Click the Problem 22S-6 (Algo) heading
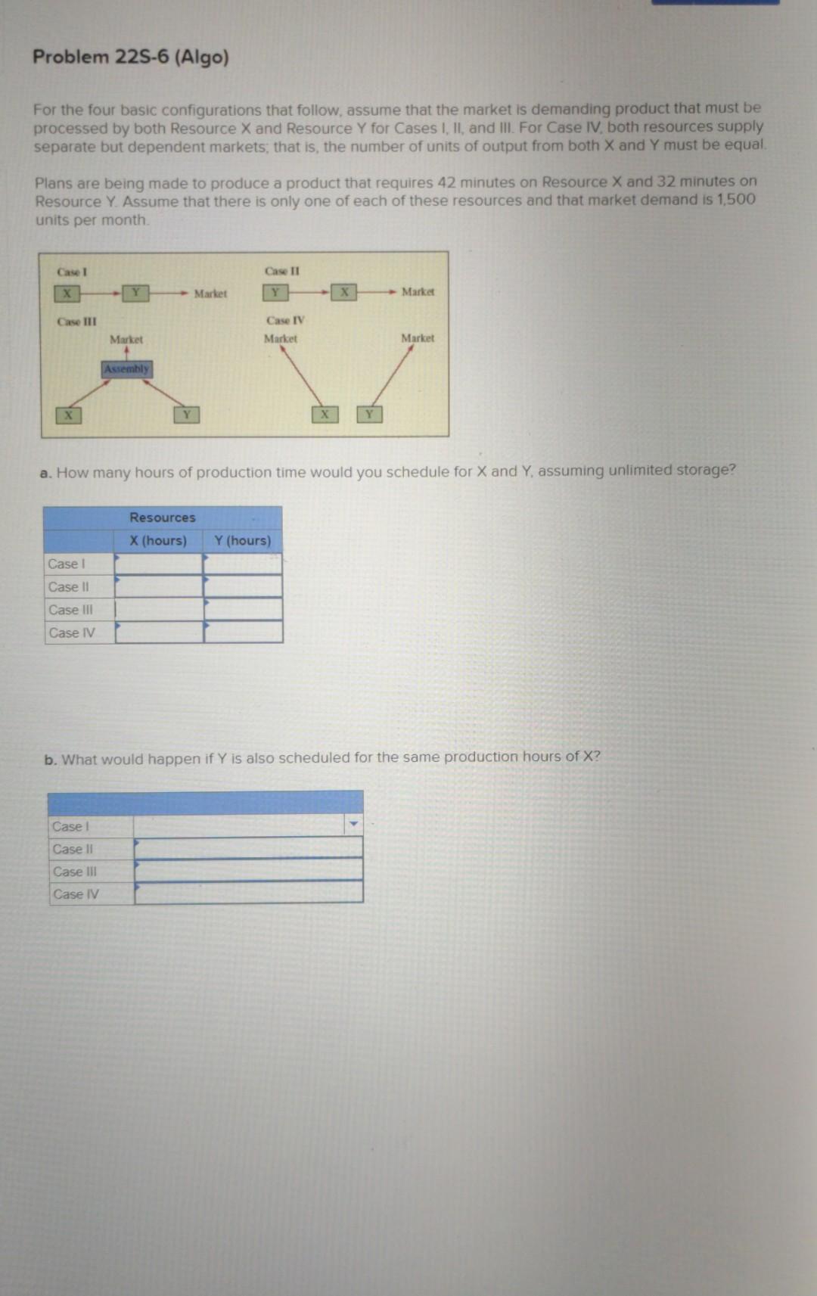coord(131,57)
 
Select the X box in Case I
coord(67,294)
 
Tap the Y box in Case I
coord(136,293)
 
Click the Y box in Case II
coord(275,292)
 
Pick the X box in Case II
coord(343,291)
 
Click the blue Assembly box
coord(127,369)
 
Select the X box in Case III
coord(68,415)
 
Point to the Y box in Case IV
coord(369,415)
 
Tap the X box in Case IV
coord(325,415)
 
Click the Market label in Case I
coord(210,294)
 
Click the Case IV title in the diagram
coord(286,320)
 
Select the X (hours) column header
coord(158,540)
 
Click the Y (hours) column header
coord(242,540)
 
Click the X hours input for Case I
coord(159,564)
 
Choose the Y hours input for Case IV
coord(243,632)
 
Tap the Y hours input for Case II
coord(243,586)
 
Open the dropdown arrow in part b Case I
coord(353,824)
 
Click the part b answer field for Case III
coord(248,870)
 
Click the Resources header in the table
coord(163,517)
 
